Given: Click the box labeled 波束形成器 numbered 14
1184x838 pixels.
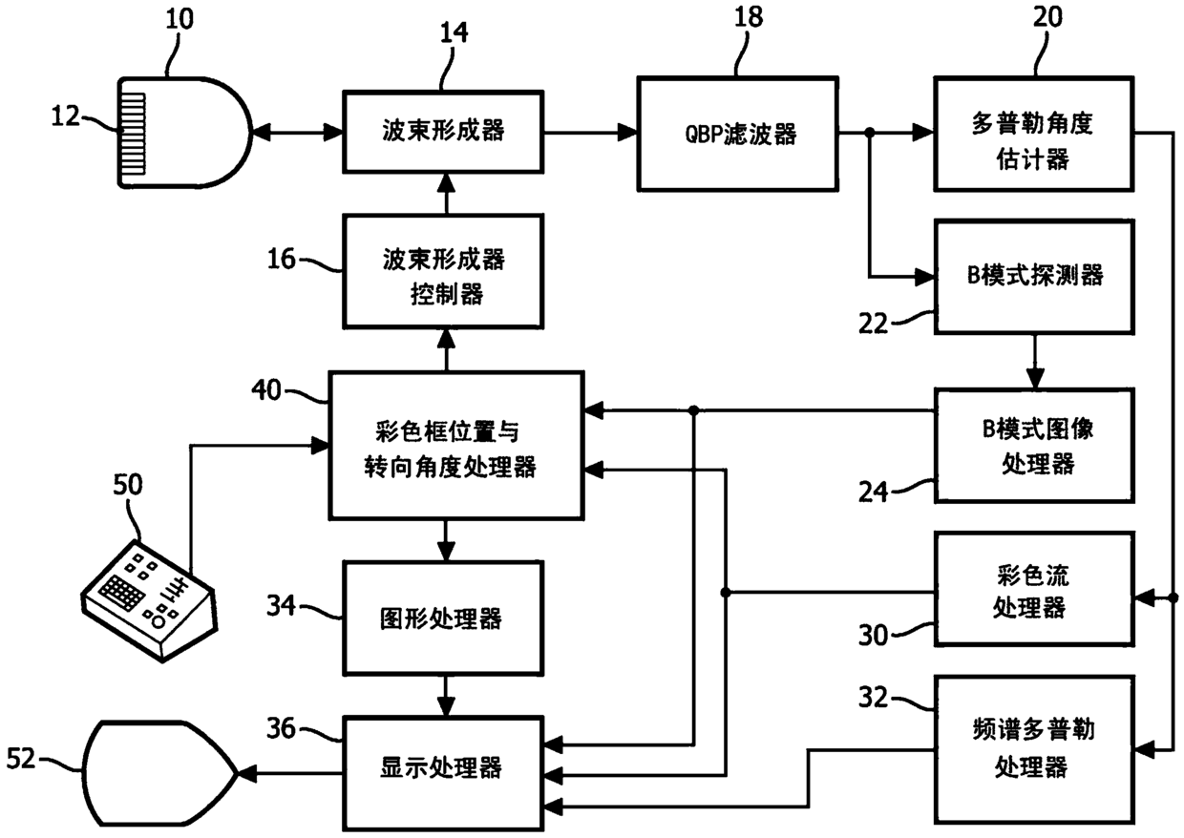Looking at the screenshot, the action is [443, 132].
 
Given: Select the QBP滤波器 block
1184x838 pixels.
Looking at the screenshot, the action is [738, 134].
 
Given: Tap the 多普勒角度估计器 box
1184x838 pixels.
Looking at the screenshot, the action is [1034, 134].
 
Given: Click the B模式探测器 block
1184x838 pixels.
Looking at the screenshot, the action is [1034, 277].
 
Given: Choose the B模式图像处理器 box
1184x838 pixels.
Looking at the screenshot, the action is [1034, 446].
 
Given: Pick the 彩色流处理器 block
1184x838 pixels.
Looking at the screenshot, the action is [1034, 589].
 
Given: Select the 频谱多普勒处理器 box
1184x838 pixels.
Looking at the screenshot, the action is [1034, 748].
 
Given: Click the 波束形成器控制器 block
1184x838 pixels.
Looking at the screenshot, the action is [443, 272].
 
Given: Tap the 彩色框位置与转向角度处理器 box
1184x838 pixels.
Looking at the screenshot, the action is [456, 446].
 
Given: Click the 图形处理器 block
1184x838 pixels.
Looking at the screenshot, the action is [443, 618].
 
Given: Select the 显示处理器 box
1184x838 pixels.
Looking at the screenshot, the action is [443, 773].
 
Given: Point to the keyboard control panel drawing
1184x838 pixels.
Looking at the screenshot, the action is [150, 600].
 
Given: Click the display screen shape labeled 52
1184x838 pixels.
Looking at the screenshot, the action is [159, 773].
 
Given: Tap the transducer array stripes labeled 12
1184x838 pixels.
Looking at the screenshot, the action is [132, 135].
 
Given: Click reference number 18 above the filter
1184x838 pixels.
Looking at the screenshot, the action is [749, 17].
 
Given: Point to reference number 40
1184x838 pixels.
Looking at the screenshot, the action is [265, 390].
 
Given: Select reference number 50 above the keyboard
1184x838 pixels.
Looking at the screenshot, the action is [128, 485].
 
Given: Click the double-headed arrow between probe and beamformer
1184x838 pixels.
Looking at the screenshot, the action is [298, 132].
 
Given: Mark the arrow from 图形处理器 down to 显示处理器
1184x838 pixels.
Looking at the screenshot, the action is [446, 696].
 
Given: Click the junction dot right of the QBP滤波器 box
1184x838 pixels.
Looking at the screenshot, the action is [869, 133].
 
